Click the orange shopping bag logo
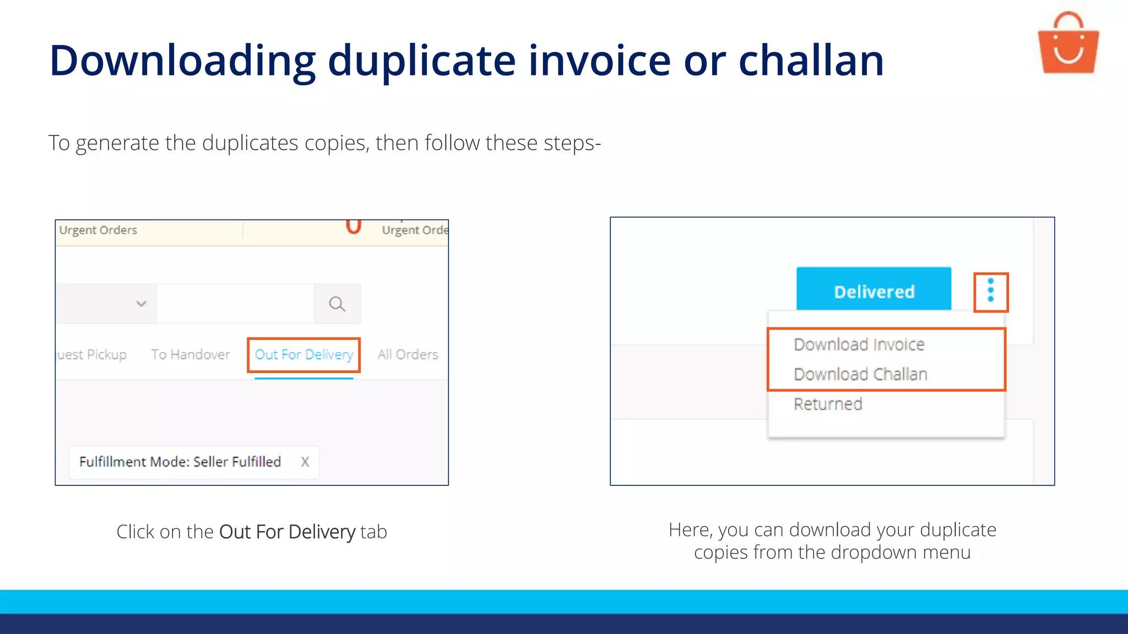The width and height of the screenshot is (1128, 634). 1068,44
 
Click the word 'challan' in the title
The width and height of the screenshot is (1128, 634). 811,61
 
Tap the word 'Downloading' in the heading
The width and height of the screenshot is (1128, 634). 182,61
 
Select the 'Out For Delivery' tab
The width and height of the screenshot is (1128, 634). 303,354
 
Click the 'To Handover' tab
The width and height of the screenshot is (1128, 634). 191,354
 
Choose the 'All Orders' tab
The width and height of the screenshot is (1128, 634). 408,354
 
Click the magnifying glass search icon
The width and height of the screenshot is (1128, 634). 337,304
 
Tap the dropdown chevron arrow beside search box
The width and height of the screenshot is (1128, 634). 141,304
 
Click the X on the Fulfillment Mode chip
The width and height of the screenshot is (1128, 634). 305,462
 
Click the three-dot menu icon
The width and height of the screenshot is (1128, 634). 990,291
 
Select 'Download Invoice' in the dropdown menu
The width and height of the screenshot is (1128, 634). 859,345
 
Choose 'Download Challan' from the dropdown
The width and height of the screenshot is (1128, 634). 860,374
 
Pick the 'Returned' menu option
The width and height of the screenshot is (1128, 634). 828,404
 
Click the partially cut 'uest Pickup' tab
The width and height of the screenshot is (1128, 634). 92,354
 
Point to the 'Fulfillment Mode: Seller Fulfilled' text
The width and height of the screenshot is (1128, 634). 180,462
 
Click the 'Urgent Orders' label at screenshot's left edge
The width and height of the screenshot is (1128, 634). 98,230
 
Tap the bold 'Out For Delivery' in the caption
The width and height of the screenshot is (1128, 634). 287,532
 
